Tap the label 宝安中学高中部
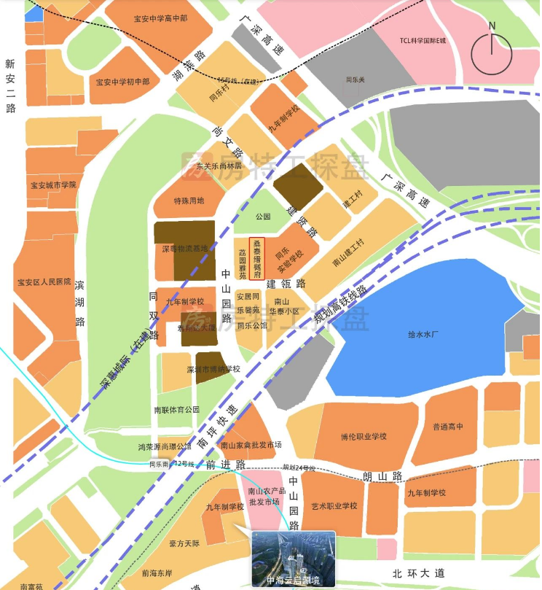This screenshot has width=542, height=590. pyautogui.click(x=161, y=18)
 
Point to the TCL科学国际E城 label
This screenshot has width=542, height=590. pyautogui.click(x=423, y=42)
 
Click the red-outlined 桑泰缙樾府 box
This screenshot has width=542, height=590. pyautogui.click(x=256, y=259)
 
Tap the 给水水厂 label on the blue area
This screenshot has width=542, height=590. pyautogui.click(x=423, y=334)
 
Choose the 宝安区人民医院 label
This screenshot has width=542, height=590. pyautogui.click(x=44, y=282)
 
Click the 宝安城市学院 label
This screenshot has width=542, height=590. pyautogui.click(x=53, y=185)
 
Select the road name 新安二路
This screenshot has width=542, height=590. pyautogui.click(x=10, y=85)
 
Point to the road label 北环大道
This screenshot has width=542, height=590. pyautogui.click(x=417, y=573)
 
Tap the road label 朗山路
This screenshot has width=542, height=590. pyautogui.click(x=382, y=476)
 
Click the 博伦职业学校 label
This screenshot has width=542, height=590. pyautogui.click(x=364, y=437)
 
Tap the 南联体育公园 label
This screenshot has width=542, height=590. pyautogui.click(x=177, y=410)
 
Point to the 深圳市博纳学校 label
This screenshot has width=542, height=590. pyautogui.click(x=213, y=369)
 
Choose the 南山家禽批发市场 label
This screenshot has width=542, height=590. pyautogui.click(x=251, y=445)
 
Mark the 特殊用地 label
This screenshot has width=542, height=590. pyautogui.click(x=189, y=201)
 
